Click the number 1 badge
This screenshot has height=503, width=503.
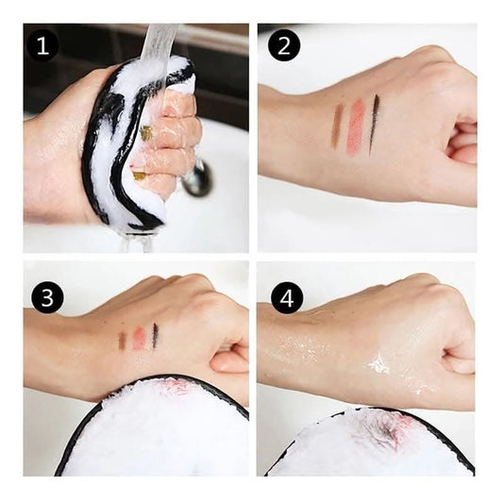click(x=43, y=47)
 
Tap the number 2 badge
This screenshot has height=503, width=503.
click(x=284, y=45)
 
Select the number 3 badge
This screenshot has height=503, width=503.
click(x=47, y=297)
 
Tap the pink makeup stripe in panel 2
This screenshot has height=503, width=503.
click(x=356, y=126)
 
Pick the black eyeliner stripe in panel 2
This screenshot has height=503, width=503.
click(x=374, y=126)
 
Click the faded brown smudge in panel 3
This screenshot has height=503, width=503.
click(x=122, y=341)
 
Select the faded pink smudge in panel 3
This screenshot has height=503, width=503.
click(x=139, y=338)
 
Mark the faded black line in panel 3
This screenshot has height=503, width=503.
click(x=156, y=336)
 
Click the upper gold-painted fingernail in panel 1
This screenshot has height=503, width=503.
click(x=146, y=133)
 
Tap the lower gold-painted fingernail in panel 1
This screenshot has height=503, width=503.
click(x=140, y=176)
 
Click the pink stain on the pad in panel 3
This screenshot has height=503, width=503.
click(x=176, y=387)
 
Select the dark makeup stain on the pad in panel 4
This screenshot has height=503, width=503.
click(x=387, y=428)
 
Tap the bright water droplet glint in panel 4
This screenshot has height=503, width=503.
click(x=378, y=365)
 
